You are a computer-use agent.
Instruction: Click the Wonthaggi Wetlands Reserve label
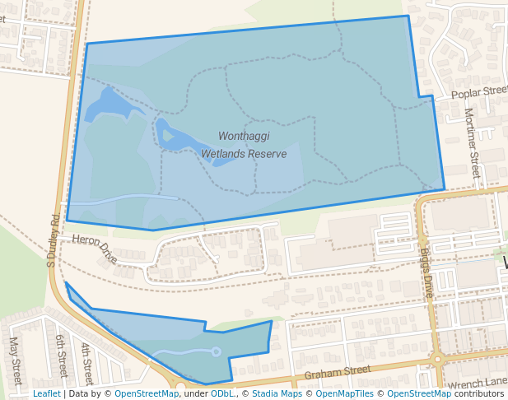coord(244,144)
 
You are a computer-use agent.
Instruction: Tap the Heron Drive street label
coord(96,248)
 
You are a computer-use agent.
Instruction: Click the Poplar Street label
coord(480,92)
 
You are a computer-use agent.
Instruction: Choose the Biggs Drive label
coord(426,275)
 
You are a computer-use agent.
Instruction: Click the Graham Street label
coord(338,374)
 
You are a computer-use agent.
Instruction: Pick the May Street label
coord(14,360)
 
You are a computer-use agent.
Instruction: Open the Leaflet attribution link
coord(46,393)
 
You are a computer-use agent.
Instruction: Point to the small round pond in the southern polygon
coord(217,352)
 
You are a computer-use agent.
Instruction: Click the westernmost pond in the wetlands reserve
coord(107,105)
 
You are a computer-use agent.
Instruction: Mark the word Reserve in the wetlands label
coord(266,153)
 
